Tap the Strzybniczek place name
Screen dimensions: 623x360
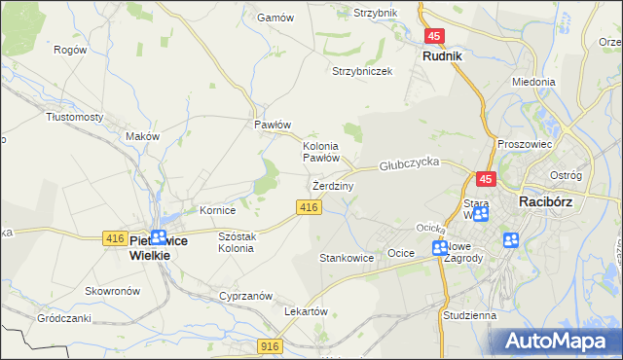click(362, 72)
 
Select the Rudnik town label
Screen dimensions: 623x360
click(442, 56)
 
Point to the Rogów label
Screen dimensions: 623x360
click(71, 50)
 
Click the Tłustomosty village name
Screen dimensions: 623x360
click(75, 117)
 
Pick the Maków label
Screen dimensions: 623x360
click(142, 137)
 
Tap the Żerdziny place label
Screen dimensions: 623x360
click(333, 185)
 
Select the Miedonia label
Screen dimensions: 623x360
click(532, 83)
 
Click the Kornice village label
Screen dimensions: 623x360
click(218, 209)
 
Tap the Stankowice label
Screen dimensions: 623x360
click(347, 259)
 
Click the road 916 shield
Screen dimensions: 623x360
click(272, 345)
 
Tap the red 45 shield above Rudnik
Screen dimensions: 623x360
click(434, 36)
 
